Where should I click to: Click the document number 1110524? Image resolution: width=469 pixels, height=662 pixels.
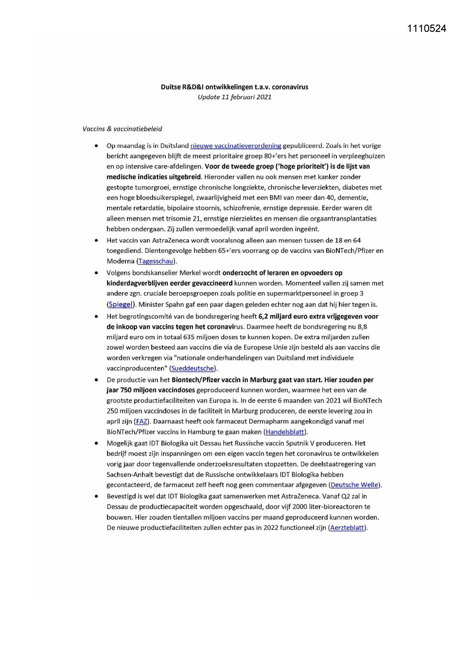coord(426,29)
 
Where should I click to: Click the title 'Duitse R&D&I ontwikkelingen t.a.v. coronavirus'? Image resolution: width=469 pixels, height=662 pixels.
coord(234,87)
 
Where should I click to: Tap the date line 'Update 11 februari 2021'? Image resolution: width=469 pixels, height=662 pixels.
coord(234,97)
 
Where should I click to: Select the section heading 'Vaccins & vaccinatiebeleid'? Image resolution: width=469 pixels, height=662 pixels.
coord(122,129)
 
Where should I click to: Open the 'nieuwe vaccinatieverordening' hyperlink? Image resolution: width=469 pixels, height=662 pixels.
coord(235,146)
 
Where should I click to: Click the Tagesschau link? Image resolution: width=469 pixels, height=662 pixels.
coord(156,261)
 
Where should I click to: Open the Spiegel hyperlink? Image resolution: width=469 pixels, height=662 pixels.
coord(121,305)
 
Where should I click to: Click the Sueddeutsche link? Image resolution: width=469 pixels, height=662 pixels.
coord(193,368)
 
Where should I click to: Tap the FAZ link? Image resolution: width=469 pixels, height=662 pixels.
coord(141,422)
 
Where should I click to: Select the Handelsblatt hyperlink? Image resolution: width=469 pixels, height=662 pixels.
coord(285,432)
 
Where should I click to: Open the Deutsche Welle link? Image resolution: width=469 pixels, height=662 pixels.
coord(354,485)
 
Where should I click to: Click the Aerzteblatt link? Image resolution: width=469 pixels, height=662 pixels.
coord(347,528)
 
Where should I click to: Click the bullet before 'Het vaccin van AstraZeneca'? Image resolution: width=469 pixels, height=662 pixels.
coord(97,240)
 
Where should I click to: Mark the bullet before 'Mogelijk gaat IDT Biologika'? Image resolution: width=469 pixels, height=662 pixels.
coord(97,443)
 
